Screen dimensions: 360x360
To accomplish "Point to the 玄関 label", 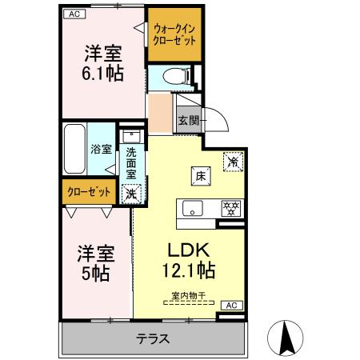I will coord(188,120).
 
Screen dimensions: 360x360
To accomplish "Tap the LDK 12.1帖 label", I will coord(190,258).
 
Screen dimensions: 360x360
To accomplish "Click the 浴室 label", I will coord(101,149).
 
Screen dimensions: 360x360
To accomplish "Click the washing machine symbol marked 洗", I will coord(130,192).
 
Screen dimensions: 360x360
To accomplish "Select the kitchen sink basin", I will coord(193,208).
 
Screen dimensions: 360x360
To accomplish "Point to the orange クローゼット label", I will coord(87,192).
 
